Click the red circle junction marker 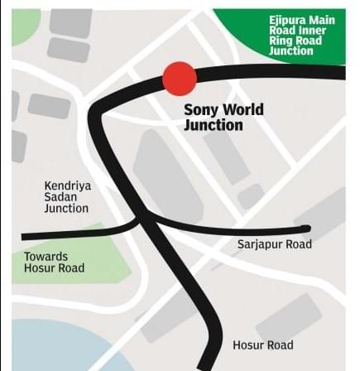179,78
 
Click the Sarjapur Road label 274,243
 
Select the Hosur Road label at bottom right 263,344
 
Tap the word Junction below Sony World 214,126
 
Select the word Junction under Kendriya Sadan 66,209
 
